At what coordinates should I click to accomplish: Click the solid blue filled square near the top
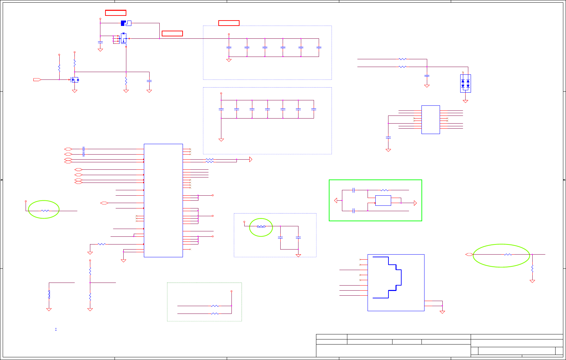[x=123, y=23]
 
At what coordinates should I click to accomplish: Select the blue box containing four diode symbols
[x=465, y=83]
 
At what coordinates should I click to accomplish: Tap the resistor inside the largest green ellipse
[x=508, y=255]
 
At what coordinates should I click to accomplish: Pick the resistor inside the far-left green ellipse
[x=45, y=211]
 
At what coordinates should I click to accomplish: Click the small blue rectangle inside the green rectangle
[x=383, y=200]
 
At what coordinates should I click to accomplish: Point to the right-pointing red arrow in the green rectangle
[x=415, y=203]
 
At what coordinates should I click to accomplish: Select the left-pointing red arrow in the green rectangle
[x=336, y=200]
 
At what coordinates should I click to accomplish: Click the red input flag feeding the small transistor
[x=37, y=79]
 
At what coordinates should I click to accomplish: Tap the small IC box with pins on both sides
[x=431, y=120]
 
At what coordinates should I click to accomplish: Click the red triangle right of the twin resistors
[x=250, y=159]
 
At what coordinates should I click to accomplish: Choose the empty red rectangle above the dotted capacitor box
[x=229, y=23]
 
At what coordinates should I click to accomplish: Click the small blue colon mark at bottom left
[x=56, y=329]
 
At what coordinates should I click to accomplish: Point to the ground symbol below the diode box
[x=465, y=101]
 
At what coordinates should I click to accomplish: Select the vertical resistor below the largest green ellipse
[x=532, y=269]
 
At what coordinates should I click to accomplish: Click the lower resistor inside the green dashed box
[x=215, y=314]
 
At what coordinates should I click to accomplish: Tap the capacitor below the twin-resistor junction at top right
[x=427, y=76]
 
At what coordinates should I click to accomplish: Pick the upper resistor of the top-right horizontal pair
[x=402, y=59]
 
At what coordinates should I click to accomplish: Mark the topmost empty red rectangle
[x=116, y=13]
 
